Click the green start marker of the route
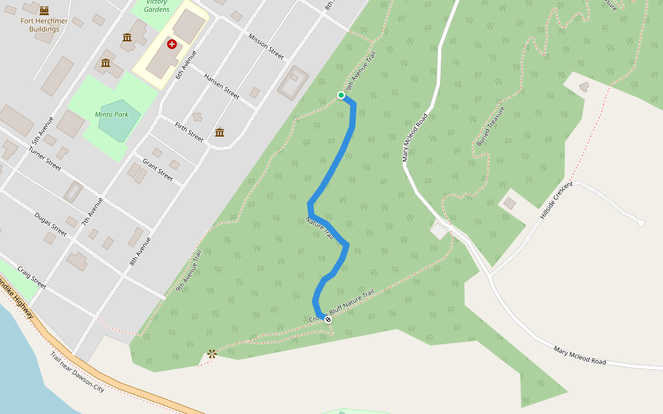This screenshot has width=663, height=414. tap(340, 95)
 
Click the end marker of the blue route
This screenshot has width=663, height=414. tap(328, 319)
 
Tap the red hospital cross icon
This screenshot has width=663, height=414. tap(171, 44)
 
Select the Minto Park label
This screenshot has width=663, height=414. tap(111, 114)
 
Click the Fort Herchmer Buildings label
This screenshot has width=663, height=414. tap(44, 25)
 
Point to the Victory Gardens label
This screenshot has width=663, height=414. tap(157, 6)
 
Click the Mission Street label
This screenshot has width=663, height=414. tap(266, 46)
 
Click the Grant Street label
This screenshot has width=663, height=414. tap(157, 170)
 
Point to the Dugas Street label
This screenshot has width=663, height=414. tap(50, 224)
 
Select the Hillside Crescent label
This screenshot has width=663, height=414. tap(557, 201)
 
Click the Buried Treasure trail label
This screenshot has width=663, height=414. tap(490, 126)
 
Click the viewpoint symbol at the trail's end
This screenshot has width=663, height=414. tap(211, 354)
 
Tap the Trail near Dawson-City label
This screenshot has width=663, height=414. tap(77, 372)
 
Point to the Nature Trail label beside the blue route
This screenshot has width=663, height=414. tap(320, 229)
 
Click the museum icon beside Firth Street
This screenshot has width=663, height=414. tap(220, 132)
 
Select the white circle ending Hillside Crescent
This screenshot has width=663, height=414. tap(641, 223)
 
